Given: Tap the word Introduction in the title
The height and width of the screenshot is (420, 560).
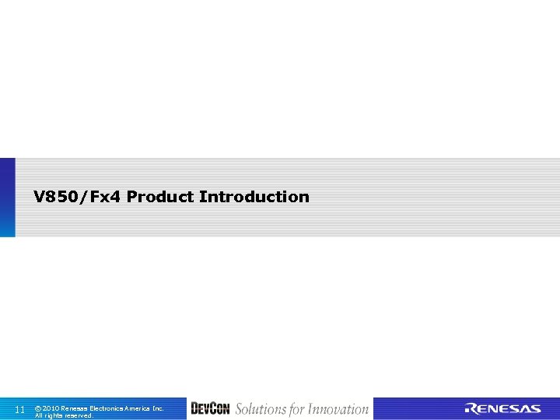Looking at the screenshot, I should (254, 197).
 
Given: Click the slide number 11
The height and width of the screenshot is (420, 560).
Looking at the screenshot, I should (20, 409).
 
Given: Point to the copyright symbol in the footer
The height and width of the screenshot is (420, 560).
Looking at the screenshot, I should (38, 408).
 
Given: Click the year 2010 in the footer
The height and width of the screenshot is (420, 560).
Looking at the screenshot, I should (51, 408).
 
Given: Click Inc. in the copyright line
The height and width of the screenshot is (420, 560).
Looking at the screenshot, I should (158, 408).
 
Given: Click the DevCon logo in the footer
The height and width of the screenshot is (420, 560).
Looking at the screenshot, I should (210, 409).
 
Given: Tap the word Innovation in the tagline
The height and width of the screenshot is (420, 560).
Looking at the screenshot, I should (338, 409).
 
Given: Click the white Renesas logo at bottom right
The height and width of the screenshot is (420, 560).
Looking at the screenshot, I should (502, 409).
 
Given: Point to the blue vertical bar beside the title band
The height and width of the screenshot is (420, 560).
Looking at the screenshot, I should (7, 198).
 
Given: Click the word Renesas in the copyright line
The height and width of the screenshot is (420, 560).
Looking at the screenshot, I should (74, 408).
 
